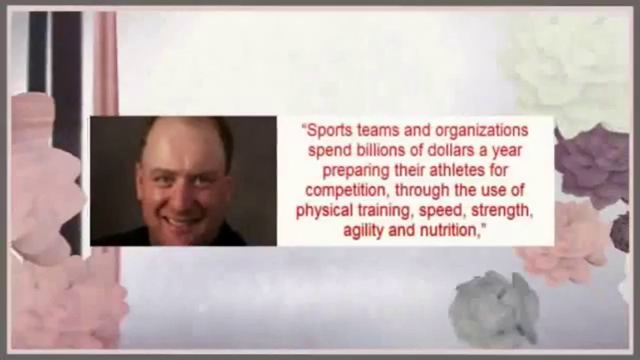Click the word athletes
tap(457, 170)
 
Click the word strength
tap(501, 211)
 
